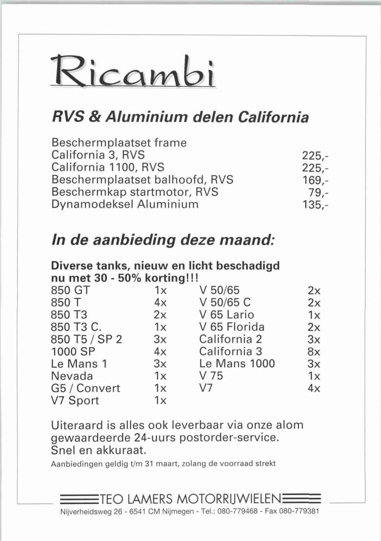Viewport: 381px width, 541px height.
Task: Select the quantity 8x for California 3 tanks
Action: pos(314,352)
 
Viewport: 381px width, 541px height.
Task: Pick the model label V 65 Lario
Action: pos(227,314)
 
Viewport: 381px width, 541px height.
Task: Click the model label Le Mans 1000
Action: pos(237,363)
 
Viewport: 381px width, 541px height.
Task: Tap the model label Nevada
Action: pos(72,376)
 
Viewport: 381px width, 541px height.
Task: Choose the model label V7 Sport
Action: pos(75,401)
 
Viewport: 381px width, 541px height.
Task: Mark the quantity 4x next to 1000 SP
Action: pos(160,352)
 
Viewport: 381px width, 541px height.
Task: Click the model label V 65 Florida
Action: pos(232,327)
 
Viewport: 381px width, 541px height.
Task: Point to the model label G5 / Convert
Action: pos(85,388)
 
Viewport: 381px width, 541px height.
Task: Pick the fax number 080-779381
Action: pos(300,512)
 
